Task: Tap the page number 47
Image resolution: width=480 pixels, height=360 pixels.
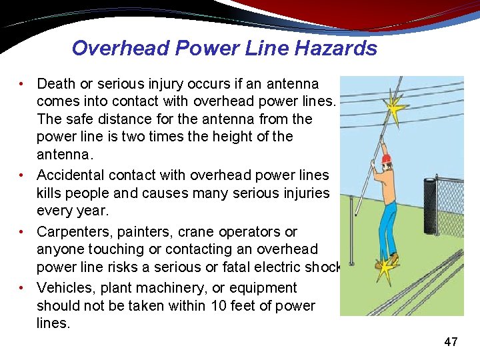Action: [451, 342]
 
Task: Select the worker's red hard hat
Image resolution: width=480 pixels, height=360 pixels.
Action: [386, 159]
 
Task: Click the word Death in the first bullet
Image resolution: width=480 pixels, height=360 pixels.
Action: [56, 84]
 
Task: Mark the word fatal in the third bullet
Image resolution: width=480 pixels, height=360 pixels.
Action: [264, 267]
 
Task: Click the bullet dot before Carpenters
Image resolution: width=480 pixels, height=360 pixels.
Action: [22, 232]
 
